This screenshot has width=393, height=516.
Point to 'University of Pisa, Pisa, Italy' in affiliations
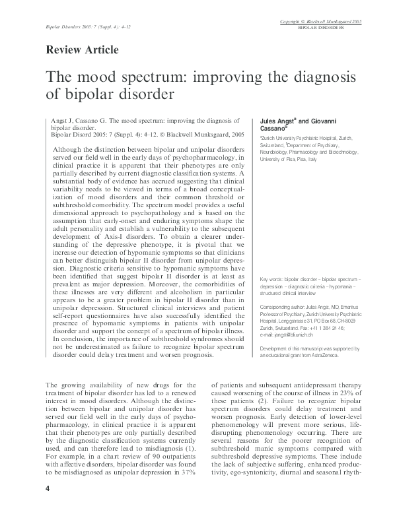coord(289,159)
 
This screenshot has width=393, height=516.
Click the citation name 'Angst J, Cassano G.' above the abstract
coord(78,123)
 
